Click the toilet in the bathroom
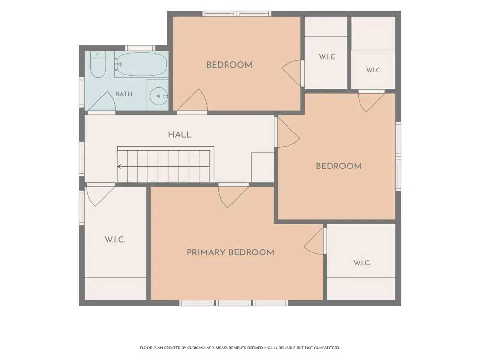click(x=98, y=64)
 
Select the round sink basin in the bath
click(x=158, y=96)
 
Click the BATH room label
click(x=124, y=94)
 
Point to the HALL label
click(x=180, y=135)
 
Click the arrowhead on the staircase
click(x=120, y=167)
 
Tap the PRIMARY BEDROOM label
click(x=230, y=252)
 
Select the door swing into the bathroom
click(x=102, y=101)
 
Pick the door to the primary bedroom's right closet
click(x=314, y=241)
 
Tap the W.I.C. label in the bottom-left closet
click(x=115, y=240)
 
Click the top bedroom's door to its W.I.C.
click(x=292, y=73)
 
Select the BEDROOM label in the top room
click(x=229, y=65)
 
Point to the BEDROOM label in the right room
click(x=338, y=166)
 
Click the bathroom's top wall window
click(x=140, y=48)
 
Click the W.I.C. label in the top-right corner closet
click(x=374, y=70)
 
